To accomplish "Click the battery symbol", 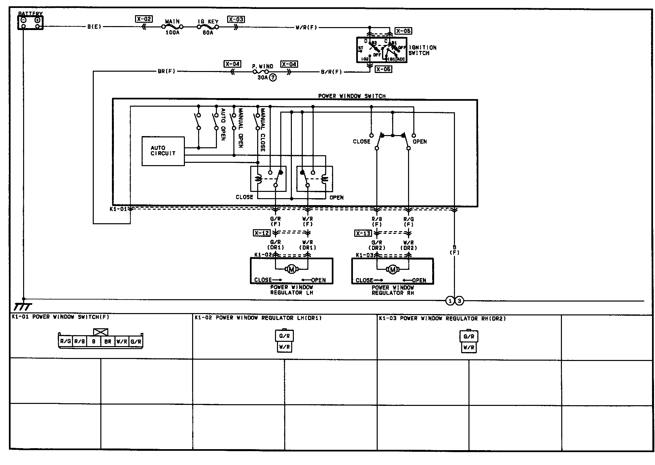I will pyautogui.click(x=30, y=22).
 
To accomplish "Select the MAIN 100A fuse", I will pyautogui.click(x=172, y=27).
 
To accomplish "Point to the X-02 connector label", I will pyautogui.click(x=144, y=19).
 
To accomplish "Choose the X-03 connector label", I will pyautogui.click(x=236, y=19).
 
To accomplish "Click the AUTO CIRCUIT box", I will pyautogui.click(x=163, y=151).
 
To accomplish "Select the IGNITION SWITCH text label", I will pyautogui.click(x=422, y=50).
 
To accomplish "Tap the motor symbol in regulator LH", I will pyautogui.click(x=292, y=269).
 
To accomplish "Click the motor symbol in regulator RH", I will pyautogui.click(x=393, y=270).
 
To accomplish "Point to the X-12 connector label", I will pyautogui.click(x=262, y=233).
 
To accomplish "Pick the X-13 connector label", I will pyautogui.click(x=363, y=233).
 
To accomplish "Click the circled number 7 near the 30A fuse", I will pyautogui.click(x=273, y=78).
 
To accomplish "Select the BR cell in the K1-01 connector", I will pyautogui.click(x=108, y=341).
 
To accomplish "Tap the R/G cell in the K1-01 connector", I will pyautogui.click(x=65, y=341).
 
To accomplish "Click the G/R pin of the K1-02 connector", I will pyautogui.click(x=284, y=336).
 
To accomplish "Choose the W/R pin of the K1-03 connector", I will pyautogui.click(x=468, y=347).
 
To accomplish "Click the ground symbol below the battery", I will pyautogui.click(x=23, y=306).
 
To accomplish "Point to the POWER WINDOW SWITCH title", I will pyautogui.click(x=352, y=96).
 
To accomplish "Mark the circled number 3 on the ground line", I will pyautogui.click(x=459, y=301).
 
